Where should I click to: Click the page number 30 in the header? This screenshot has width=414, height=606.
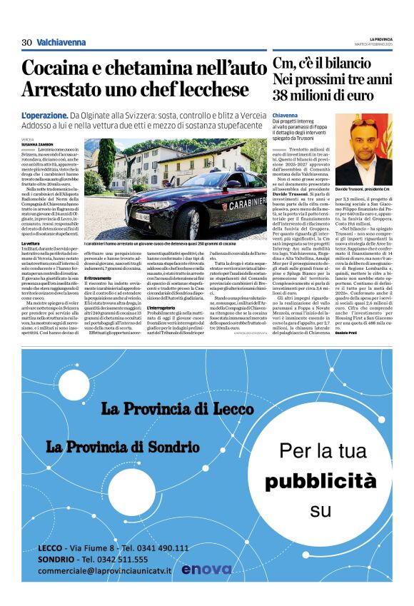(26, 42)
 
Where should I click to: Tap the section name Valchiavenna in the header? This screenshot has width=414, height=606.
(61, 42)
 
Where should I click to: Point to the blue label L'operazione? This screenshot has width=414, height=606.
(44, 115)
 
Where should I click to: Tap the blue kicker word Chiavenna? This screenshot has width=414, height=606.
(286, 114)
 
